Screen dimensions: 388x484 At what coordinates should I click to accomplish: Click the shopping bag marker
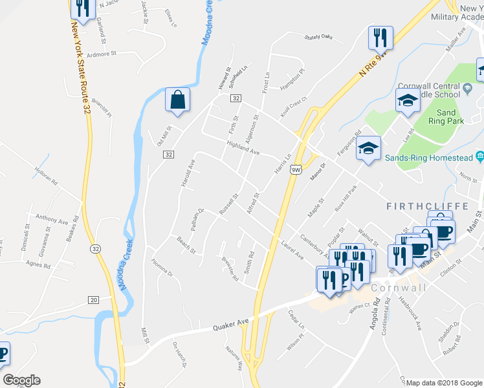pos(177,100)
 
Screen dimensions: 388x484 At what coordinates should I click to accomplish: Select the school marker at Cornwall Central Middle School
pos(408,100)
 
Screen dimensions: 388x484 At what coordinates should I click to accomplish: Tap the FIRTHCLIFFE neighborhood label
pos(427,206)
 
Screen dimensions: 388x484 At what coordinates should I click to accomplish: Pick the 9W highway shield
pos(296,169)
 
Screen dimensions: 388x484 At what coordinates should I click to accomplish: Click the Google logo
pos(21,380)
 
